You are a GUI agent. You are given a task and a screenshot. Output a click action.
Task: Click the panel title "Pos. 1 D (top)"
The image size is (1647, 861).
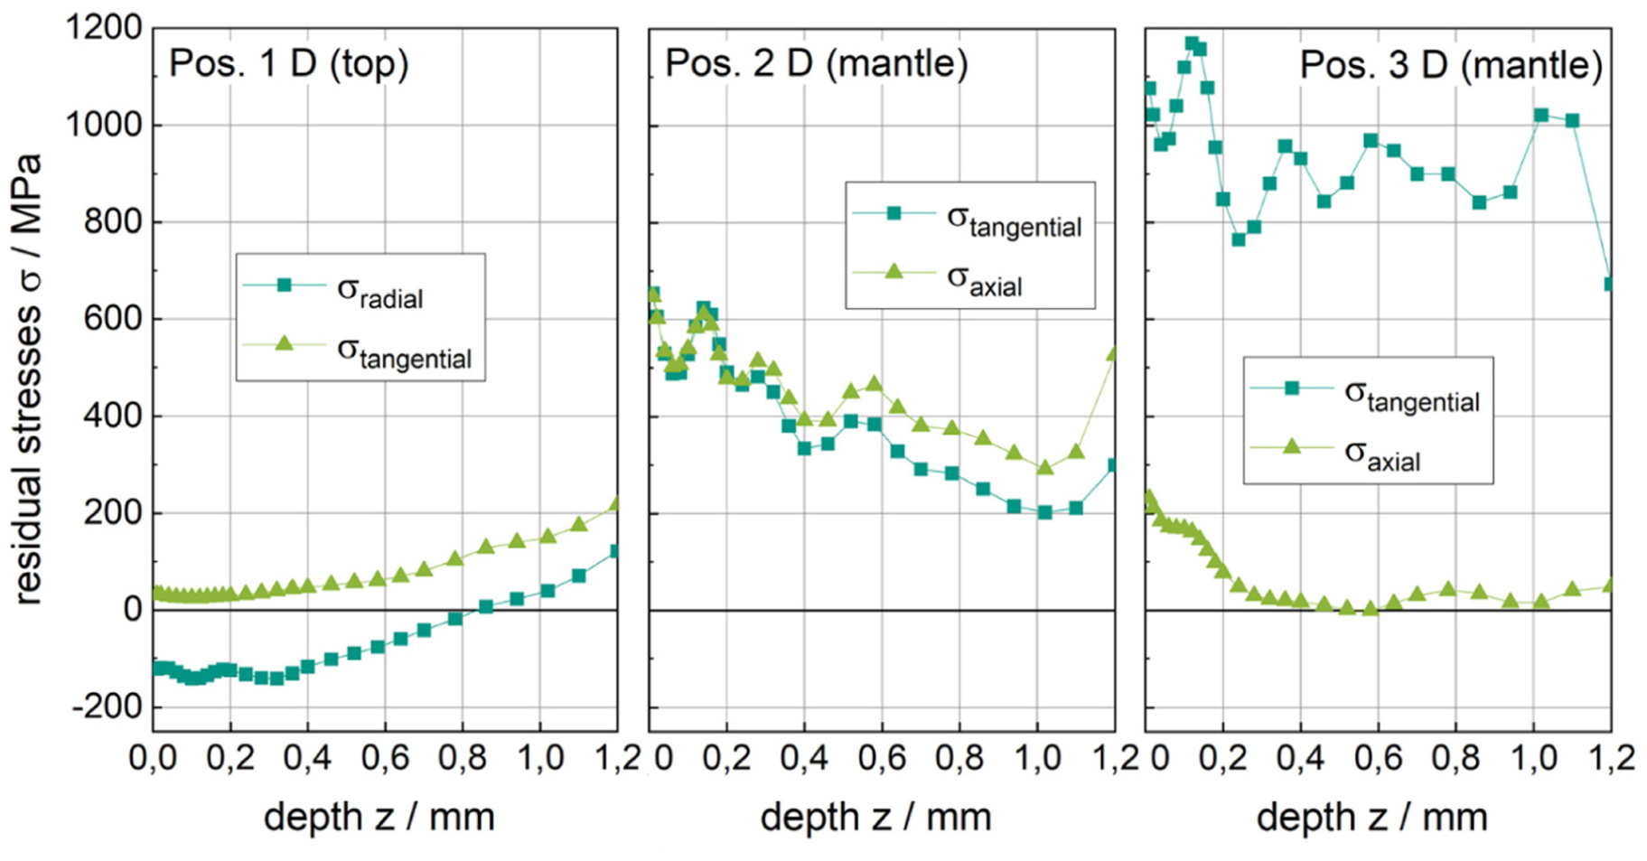coord(289,65)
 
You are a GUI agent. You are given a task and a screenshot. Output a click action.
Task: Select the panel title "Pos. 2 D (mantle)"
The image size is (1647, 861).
coord(817,65)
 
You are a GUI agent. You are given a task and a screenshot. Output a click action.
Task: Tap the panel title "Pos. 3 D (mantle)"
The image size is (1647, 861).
coord(1451,66)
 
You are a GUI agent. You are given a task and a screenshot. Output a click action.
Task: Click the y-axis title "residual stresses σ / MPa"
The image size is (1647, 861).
coord(29,379)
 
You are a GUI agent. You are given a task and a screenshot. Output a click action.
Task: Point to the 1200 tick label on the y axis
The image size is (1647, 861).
coord(105,28)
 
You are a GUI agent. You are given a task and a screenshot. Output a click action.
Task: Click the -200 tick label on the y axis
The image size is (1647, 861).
coord(108,707)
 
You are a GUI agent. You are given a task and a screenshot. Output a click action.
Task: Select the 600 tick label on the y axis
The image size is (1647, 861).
coord(115,319)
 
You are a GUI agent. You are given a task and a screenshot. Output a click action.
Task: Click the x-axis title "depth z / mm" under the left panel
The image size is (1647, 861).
coord(379,818)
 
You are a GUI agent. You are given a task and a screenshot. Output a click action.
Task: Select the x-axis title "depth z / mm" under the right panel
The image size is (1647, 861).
coord(1371,818)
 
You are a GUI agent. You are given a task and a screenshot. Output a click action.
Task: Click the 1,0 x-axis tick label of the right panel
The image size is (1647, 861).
coord(1534,757)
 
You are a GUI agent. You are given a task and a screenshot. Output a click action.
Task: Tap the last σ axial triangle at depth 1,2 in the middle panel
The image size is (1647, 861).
coord(1113,353)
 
